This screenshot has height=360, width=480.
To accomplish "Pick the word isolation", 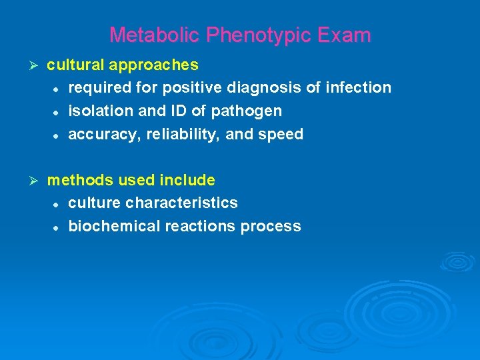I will pos(98,111).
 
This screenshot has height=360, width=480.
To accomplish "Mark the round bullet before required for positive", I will pos(58,88).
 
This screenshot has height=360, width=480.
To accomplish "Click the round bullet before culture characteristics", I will pos(58,203).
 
